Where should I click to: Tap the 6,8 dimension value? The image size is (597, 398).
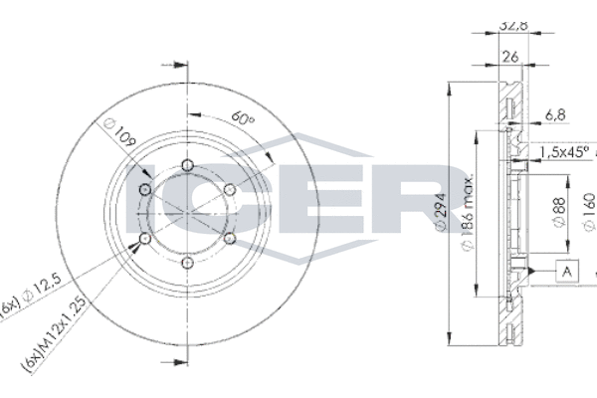[x=553, y=115]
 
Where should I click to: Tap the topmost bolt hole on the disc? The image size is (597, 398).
[x=188, y=166]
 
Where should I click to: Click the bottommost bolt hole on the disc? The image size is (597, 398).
[x=188, y=262]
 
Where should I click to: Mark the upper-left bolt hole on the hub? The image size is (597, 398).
[x=146, y=190]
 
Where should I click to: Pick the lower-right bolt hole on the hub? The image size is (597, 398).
[x=229, y=239]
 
